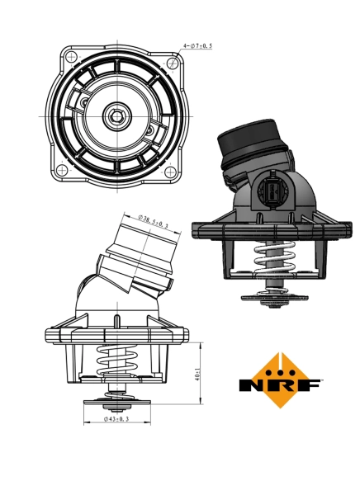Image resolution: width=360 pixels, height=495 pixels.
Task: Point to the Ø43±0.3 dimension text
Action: coord(116,420)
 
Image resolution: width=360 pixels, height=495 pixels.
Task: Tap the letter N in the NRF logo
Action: coord(250,385)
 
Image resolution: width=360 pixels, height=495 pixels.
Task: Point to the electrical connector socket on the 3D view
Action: coord(272,191)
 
